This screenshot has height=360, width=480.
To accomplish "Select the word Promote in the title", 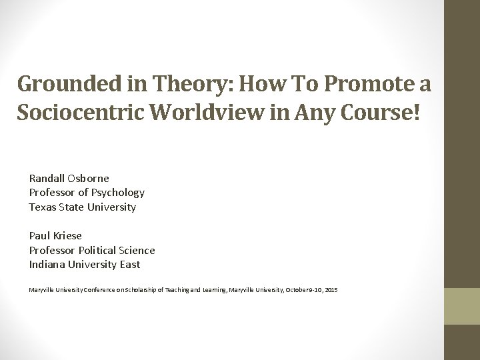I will click(x=361, y=85).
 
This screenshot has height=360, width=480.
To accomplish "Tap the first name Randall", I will click(x=47, y=178).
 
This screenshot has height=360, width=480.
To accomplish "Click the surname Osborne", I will click(x=89, y=178).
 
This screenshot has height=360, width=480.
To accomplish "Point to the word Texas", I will click(x=42, y=207).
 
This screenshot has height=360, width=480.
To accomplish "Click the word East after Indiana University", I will click(x=129, y=265).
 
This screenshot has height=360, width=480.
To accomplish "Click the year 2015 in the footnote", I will click(x=331, y=290).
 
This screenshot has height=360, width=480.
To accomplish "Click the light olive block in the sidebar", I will click(x=462, y=306).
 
